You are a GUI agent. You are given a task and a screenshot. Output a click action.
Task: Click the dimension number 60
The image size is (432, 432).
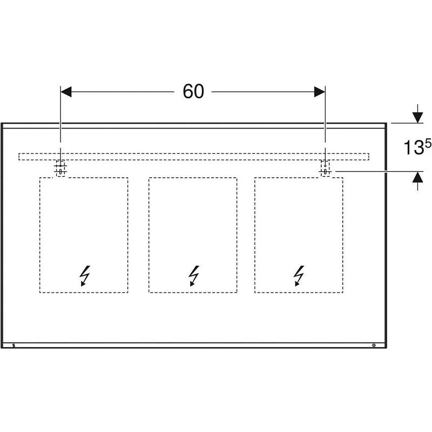click(193, 91)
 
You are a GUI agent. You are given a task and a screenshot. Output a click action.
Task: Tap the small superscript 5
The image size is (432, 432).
click(428, 143)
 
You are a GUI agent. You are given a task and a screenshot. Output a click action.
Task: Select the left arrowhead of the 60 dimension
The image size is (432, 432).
click(66, 92)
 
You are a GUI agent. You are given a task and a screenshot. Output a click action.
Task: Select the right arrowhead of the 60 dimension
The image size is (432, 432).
click(320, 92)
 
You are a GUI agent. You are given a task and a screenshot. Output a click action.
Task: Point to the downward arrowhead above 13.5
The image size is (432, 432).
click(418, 118)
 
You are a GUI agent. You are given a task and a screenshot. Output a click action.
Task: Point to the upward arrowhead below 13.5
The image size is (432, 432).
click(418, 177)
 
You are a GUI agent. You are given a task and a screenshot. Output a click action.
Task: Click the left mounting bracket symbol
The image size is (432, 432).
click(60, 168)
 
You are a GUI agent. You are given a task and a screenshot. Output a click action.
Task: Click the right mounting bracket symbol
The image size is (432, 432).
click(326, 168)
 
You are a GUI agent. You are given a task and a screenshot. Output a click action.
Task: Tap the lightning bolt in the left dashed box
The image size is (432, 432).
click(85, 276)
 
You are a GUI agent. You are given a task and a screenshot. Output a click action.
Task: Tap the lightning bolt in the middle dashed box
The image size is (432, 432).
click(194, 276)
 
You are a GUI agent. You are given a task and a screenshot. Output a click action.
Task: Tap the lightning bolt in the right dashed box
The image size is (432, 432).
click(299, 276)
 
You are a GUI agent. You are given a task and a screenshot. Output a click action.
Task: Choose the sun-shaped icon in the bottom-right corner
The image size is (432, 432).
click(374, 345)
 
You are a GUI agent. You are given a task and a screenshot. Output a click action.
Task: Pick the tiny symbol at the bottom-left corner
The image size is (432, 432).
click(14, 345)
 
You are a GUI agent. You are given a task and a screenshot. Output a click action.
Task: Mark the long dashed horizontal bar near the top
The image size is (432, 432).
click(194, 157)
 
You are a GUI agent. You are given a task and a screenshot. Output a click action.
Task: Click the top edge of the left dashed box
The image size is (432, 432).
click(84, 178)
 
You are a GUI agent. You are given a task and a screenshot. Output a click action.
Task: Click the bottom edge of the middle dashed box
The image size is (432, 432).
click(193, 292)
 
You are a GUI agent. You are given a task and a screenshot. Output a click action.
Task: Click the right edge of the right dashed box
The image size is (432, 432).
click(343, 235)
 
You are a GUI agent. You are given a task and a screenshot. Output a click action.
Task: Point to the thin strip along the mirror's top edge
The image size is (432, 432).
click(194, 126)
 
